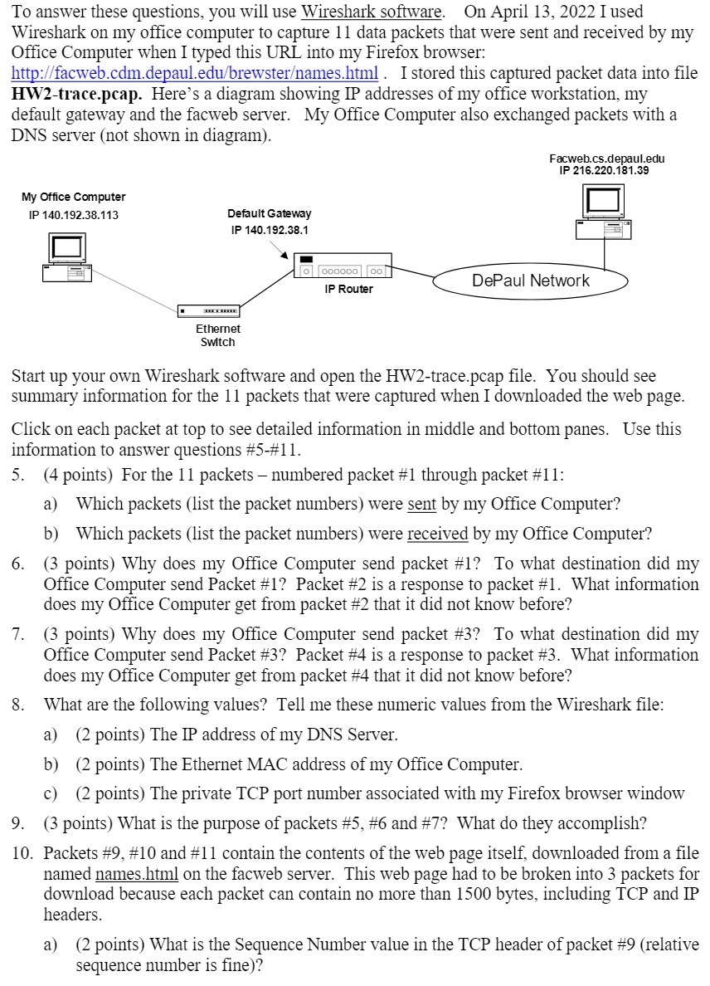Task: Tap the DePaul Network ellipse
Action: (530, 281)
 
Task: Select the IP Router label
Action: (348, 290)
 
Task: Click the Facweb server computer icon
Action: (604, 212)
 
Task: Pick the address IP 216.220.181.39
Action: (604, 170)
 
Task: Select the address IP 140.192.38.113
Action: (73, 215)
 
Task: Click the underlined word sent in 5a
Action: (421, 504)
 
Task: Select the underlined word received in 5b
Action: (437, 533)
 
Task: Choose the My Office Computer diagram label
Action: (73, 198)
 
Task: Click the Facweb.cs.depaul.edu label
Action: (605, 159)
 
